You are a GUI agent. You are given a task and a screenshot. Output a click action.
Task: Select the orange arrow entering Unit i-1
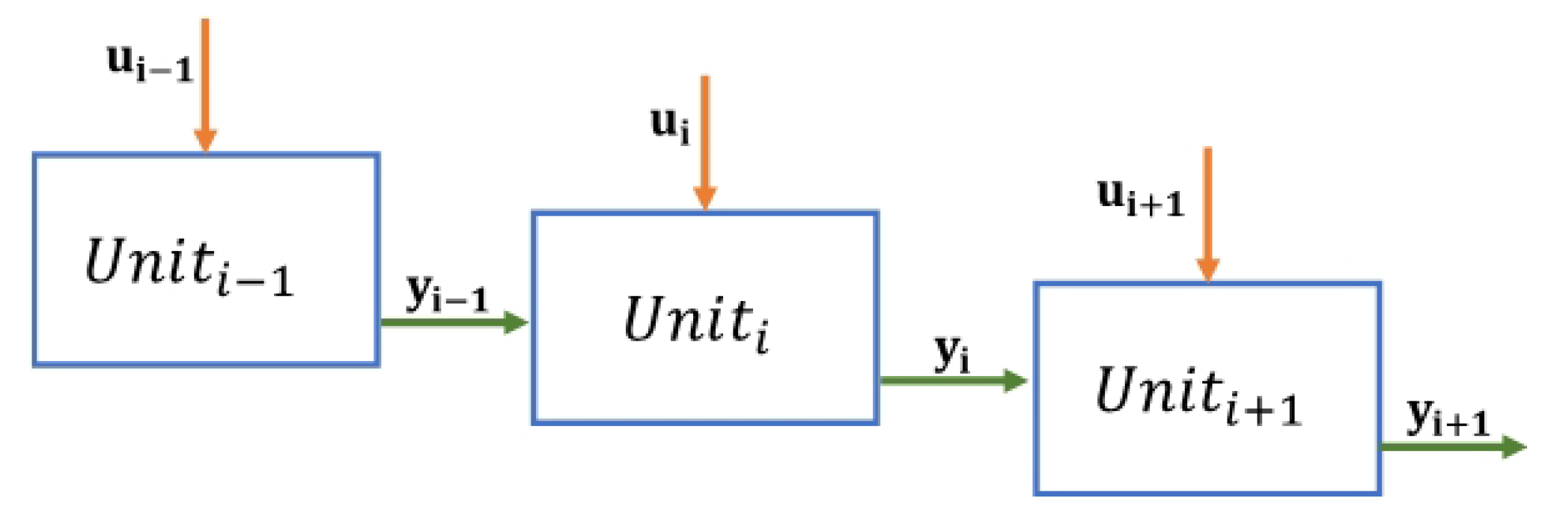205,82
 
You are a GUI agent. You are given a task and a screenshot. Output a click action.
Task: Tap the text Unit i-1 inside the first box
189,266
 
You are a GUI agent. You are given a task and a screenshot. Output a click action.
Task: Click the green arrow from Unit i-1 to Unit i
449,323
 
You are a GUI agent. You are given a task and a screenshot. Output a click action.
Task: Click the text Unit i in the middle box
696,322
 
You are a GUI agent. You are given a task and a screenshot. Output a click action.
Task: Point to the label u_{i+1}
1140,198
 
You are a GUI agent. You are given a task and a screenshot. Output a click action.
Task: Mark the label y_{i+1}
1447,418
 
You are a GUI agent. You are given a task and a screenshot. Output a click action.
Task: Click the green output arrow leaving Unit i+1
1445,447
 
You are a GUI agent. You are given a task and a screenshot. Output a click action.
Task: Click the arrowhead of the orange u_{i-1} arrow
205,140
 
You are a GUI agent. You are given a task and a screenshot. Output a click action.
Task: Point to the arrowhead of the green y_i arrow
1015,380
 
